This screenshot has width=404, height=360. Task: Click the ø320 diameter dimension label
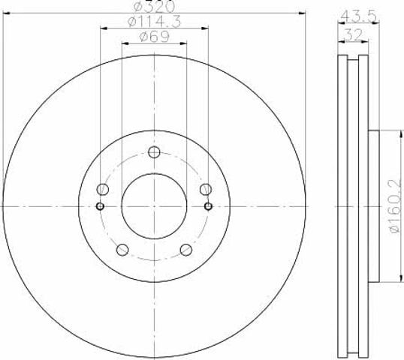154,6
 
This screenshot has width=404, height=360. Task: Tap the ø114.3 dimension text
155,21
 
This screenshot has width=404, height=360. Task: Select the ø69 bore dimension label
155,37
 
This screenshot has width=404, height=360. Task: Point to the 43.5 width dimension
359,16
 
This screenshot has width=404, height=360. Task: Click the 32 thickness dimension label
354,34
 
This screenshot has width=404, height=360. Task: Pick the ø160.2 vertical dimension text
396,206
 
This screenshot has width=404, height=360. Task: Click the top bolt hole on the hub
154,152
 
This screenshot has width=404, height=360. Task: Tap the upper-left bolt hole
102,190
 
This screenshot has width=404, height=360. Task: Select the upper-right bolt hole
206,190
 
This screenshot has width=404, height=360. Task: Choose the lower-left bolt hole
122,250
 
